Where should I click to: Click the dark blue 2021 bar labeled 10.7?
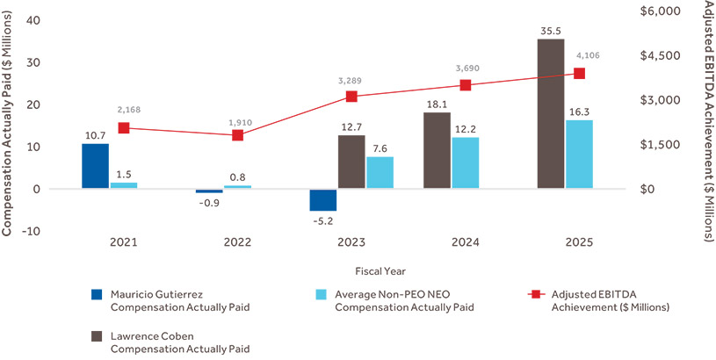[96, 166]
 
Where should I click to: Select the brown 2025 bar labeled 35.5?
[551, 114]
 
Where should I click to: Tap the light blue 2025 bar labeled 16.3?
[579, 155]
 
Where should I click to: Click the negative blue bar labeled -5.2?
[323, 200]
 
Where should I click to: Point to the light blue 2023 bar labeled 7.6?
[380, 173]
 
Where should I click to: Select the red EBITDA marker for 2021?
[124, 128]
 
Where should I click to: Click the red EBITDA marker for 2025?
[579, 74]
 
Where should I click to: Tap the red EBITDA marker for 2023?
[351, 97]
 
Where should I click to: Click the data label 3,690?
[466, 68]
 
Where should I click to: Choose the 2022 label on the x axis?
[237, 242]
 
